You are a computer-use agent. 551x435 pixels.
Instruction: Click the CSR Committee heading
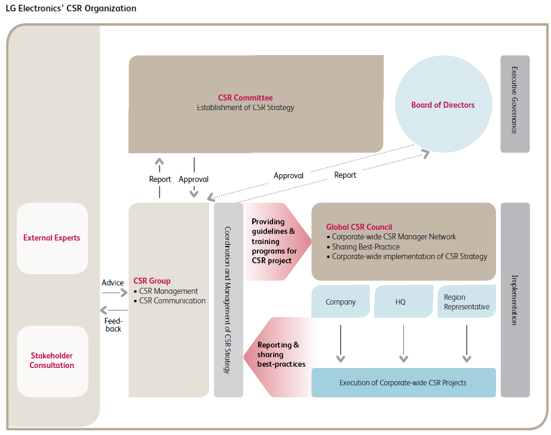coord(245,98)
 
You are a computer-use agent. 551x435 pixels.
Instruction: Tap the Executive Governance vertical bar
coord(515,104)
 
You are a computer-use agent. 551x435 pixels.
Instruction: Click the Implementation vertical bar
coord(515,299)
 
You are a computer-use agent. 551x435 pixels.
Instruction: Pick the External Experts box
coord(52,238)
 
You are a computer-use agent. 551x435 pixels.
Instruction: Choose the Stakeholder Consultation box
coord(52,361)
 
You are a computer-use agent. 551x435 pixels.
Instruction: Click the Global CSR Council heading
coord(359,227)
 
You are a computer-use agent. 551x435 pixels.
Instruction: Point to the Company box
coord(341,302)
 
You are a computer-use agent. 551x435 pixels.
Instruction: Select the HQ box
coord(401,302)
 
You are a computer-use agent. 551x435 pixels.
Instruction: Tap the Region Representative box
coord(467,302)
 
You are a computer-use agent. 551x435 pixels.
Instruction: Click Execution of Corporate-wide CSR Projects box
coord(403,383)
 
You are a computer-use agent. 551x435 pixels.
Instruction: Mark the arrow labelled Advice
coord(115,293)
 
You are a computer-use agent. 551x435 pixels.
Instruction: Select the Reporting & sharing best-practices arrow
coord(278,354)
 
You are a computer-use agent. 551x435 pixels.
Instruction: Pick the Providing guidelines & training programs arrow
coord(276,241)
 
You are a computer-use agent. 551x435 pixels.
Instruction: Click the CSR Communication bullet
coord(172,301)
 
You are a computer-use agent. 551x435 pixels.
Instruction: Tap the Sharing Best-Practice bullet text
coord(366,247)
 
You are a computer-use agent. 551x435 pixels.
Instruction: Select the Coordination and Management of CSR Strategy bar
coord(228,299)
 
